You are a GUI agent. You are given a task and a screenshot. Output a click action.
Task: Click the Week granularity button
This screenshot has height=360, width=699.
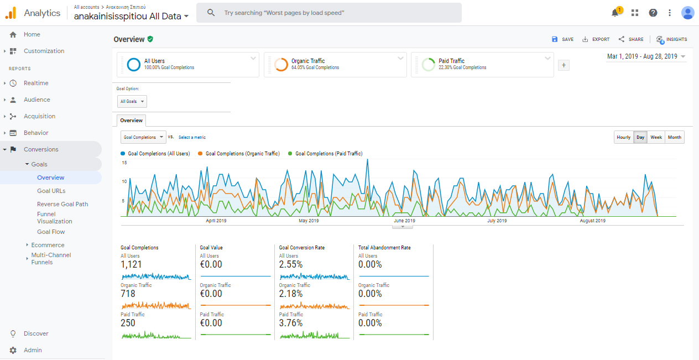tap(656, 137)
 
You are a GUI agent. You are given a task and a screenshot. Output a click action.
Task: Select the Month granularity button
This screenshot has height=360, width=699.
tap(675, 137)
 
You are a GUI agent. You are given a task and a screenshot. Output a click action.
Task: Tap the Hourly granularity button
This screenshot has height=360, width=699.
tap(623, 137)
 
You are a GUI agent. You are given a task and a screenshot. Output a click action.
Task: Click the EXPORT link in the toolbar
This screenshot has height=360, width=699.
tap(596, 39)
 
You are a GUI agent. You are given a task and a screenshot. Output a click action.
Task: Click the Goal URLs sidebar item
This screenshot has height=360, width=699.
tap(51, 191)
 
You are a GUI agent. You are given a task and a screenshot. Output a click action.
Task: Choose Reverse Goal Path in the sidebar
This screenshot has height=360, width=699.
tap(62, 204)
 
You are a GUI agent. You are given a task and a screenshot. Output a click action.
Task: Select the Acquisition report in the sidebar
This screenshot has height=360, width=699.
tap(39, 116)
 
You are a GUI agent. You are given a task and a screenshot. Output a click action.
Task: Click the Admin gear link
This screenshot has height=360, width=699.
tap(33, 350)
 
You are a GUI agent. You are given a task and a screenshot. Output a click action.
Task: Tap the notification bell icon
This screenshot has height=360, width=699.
tap(615, 13)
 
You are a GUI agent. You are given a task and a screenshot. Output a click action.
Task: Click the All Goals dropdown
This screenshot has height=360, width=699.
tap(132, 102)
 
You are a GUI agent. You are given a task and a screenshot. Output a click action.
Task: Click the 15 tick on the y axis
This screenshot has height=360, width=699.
tap(124, 163)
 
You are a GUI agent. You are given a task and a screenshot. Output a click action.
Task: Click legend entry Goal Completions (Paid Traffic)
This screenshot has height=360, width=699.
tap(328, 154)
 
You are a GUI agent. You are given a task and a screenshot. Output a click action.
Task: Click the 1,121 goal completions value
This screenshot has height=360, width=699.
tap(131, 264)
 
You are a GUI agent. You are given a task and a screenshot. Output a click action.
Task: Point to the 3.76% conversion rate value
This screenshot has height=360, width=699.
tap(291, 323)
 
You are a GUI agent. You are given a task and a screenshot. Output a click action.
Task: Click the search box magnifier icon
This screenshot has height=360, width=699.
tap(211, 13)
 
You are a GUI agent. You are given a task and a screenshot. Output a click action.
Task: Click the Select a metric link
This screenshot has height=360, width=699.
tap(192, 137)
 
